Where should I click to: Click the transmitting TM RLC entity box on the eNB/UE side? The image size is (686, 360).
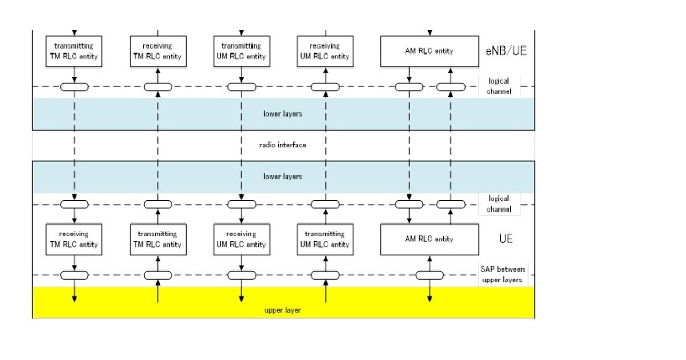(x=75, y=50)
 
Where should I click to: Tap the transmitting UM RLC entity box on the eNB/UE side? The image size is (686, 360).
(x=242, y=50)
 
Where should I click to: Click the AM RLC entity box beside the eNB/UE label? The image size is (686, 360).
(x=431, y=51)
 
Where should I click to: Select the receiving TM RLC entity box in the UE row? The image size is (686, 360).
(x=75, y=239)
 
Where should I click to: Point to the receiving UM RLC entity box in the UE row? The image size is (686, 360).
(x=242, y=239)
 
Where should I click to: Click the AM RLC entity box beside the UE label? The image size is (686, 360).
(x=431, y=239)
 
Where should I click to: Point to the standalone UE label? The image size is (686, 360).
(x=505, y=239)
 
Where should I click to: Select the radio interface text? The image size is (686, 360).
(x=282, y=145)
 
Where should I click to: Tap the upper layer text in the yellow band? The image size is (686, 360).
(x=282, y=311)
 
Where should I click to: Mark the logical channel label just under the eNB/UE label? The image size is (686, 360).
(x=505, y=85)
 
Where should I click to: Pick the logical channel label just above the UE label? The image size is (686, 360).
(x=505, y=203)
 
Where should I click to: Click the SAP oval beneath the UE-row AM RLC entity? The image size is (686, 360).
(x=431, y=275)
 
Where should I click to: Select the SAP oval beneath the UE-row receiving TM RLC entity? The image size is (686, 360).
(x=75, y=275)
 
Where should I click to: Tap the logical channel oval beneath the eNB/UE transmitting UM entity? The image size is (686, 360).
(x=242, y=86)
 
